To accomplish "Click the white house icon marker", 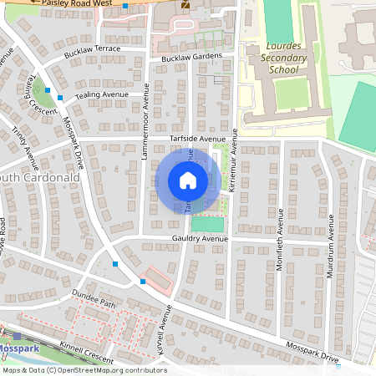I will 187,180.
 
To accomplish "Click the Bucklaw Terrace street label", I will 93,50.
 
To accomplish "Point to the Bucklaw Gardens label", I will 192,57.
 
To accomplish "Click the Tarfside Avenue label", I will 198,138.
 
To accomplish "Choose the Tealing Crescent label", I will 35,91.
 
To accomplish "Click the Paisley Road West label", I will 71,4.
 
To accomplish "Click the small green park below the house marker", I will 207,224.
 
